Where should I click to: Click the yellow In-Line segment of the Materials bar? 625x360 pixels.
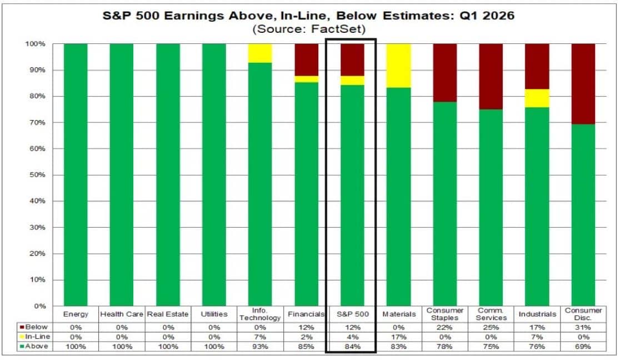[399, 66]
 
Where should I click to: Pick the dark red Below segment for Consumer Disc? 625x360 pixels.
[583, 83]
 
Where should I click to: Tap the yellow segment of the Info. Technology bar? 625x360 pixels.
[260, 53]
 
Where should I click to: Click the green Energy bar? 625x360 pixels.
[76, 174]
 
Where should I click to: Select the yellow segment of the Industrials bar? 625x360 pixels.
[537, 98]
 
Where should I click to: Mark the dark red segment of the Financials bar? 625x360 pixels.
[306, 59]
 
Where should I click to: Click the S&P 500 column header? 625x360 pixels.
[352, 314]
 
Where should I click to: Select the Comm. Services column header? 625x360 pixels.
[491, 314]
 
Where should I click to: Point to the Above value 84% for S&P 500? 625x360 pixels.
[352, 346]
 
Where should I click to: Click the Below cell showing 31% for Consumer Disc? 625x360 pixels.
[583, 327]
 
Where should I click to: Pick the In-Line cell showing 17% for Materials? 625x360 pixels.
[399, 337]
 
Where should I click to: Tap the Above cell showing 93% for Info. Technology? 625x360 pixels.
[260, 346]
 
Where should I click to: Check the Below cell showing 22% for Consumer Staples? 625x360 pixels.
[445, 327]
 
